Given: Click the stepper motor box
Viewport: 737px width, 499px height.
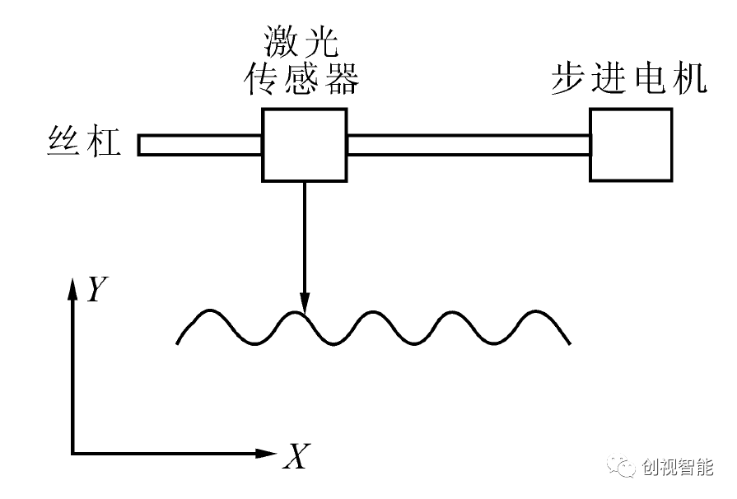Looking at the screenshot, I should tap(631, 144).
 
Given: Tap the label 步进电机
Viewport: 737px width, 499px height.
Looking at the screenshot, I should tap(629, 79).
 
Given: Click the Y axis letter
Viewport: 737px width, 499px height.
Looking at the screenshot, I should tap(98, 288).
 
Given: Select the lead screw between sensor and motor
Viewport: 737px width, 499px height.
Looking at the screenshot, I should tap(468, 145).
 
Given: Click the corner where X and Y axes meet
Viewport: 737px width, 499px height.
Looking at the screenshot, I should tap(73, 453).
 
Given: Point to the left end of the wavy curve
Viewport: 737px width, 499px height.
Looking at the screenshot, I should tap(178, 343).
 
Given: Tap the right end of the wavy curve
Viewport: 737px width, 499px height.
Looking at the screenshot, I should tap(570, 343).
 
